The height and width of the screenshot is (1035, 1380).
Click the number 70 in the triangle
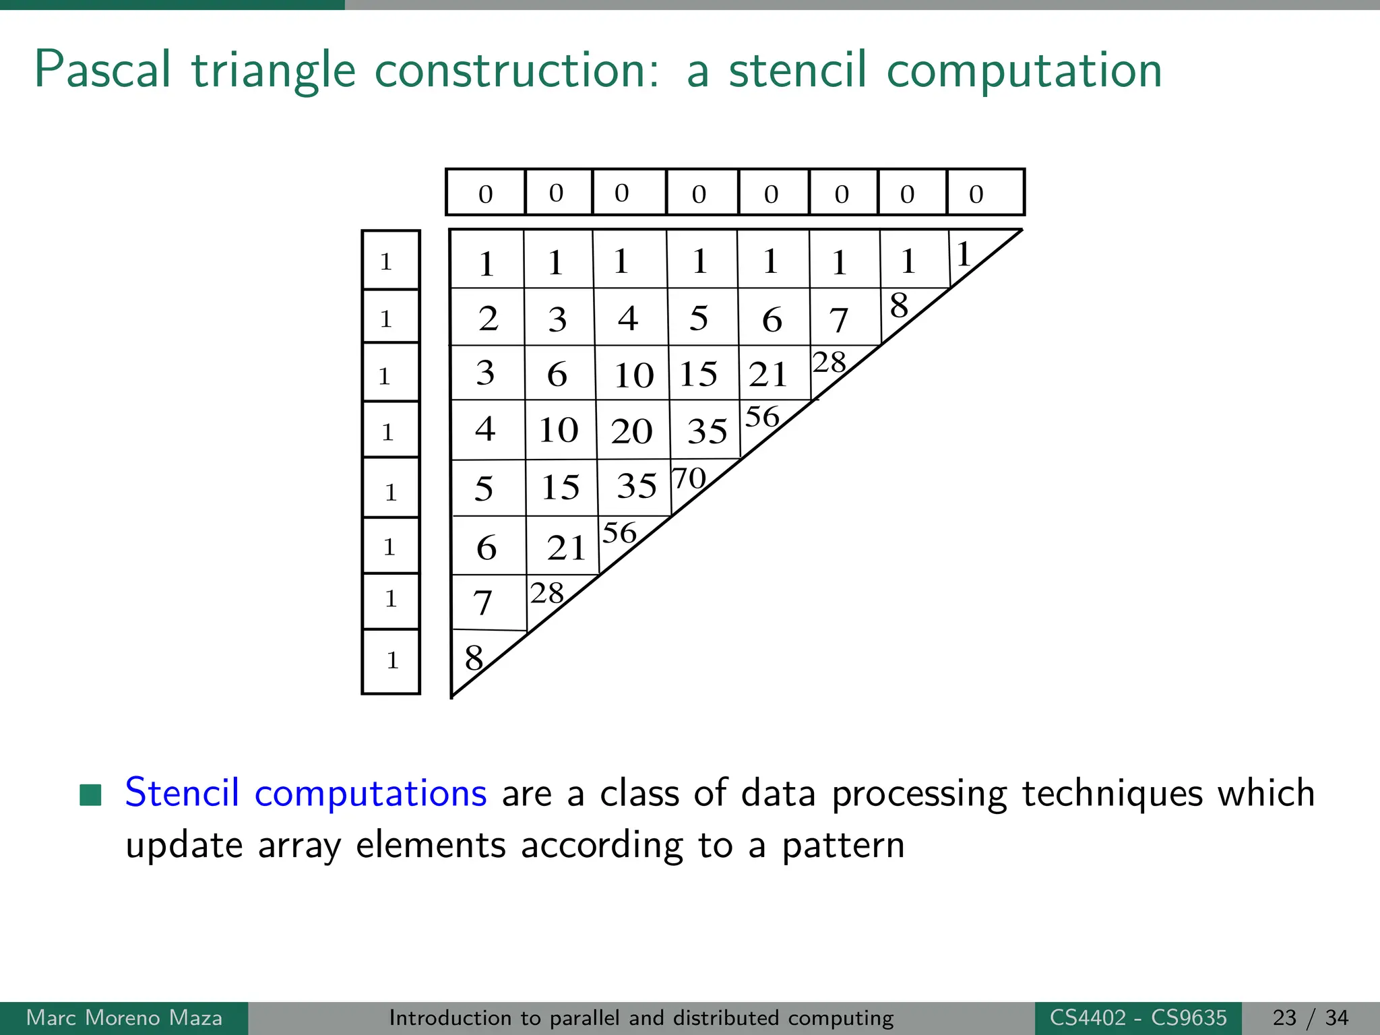click(689, 479)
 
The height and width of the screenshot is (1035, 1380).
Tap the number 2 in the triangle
click(489, 319)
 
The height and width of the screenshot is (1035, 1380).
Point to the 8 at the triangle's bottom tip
click(474, 658)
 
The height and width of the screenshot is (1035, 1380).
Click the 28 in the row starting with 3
click(829, 363)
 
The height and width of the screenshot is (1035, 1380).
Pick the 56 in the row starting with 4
click(762, 417)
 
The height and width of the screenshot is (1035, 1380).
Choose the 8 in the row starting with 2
click(899, 306)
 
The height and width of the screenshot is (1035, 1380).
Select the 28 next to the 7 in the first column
click(546, 594)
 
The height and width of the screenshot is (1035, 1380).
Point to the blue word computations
click(371, 793)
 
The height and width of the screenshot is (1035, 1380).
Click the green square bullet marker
click(90, 795)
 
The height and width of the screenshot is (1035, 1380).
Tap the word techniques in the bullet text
click(1112, 793)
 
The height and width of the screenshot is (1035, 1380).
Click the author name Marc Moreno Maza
click(124, 1017)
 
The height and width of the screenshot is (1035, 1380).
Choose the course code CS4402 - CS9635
click(1138, 1017)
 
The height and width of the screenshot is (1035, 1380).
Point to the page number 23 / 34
click(1311, 1017)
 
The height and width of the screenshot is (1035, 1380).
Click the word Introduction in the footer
click(451, 1017)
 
